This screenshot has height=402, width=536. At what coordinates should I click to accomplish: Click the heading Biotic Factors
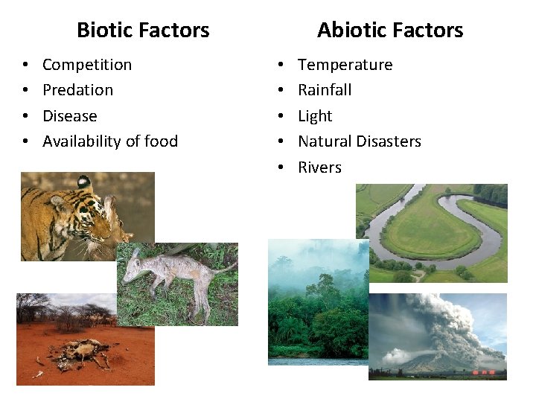coord(143,31)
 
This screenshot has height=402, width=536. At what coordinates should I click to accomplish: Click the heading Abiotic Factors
coord(390,31)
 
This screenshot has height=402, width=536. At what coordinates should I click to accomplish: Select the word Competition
coord(87,65)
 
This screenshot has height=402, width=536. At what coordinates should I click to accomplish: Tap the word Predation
coord(78,90)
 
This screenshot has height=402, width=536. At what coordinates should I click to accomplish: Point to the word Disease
coord(70,116)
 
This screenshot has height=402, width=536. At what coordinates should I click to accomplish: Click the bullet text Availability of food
coord(110,141)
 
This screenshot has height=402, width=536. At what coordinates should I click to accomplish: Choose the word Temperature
coord(345,65)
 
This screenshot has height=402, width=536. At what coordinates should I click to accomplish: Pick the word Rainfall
coord(325,90)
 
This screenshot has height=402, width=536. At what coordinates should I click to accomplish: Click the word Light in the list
coord(315,116)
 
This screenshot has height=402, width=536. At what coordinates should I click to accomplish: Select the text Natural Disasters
coord(360,141)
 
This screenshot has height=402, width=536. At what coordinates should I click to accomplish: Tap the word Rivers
coord(319,167)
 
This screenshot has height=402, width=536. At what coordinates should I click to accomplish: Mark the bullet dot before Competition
coord(25,66)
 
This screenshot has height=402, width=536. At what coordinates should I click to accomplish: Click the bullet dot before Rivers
coord(281,168)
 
